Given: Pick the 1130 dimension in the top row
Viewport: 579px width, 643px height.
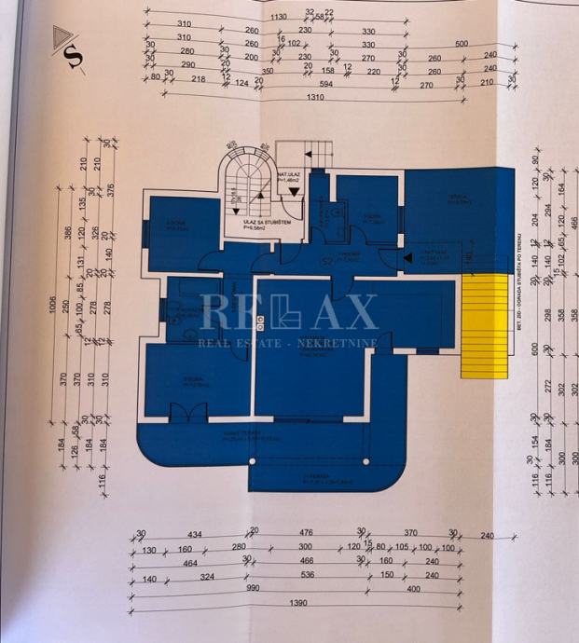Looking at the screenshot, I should coord(279,17).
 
